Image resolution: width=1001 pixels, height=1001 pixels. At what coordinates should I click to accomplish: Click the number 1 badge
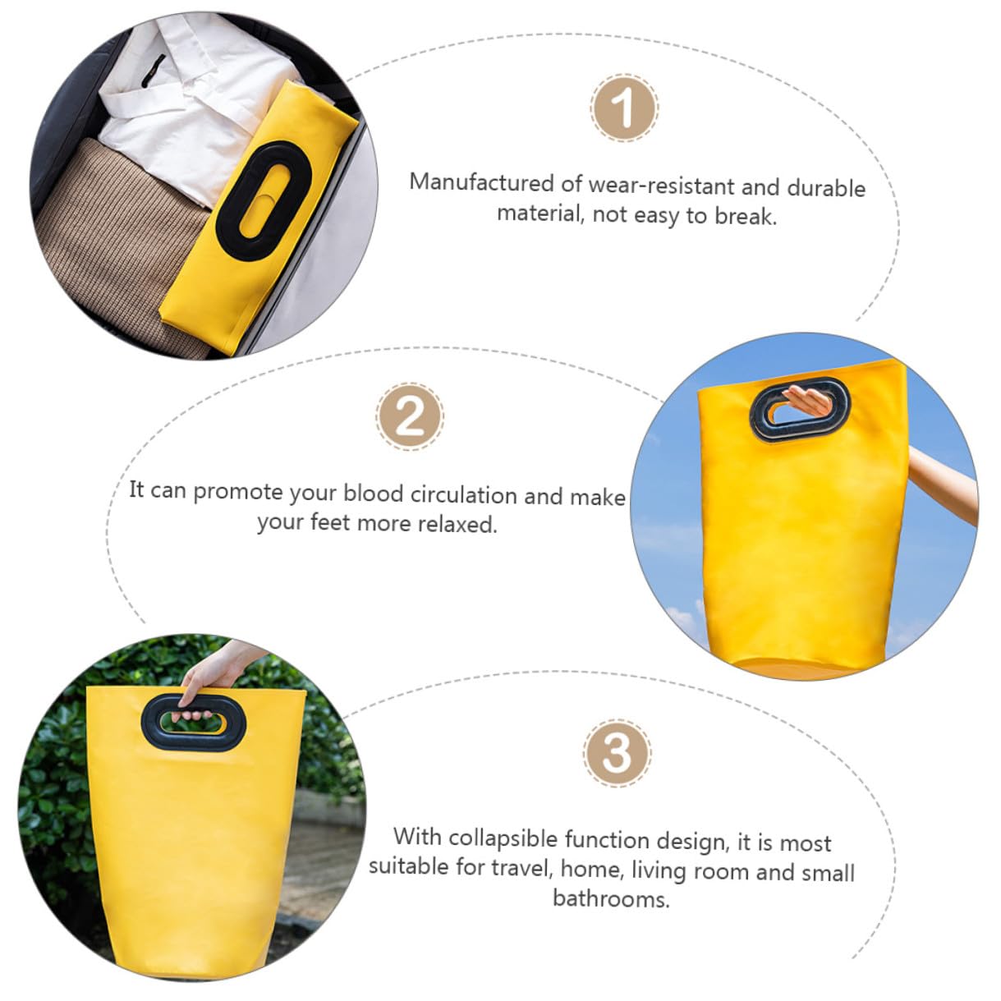(x=624, y=108)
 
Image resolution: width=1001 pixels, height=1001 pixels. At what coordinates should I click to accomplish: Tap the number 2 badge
(x=410, y=416)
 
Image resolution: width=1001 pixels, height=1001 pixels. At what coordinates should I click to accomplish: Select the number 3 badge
(x=617, y=753)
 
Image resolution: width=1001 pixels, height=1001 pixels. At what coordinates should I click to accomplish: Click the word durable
(x=826, y=187)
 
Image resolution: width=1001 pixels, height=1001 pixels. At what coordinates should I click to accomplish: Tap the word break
(x=746, y=216)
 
